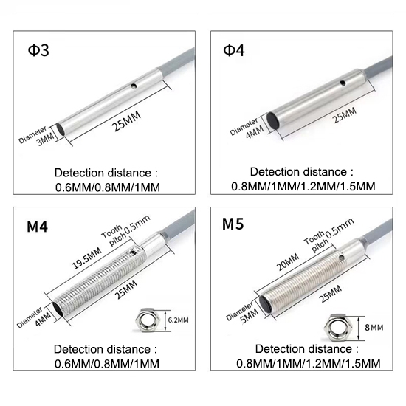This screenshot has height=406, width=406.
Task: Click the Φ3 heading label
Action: pyautogui.click(x=39, y=52)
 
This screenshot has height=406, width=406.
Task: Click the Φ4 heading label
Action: pyautogui.click(x=235, y=52)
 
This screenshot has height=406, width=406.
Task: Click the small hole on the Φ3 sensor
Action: pyautogui.click(x=134, y=86)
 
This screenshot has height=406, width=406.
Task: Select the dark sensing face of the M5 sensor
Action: pyautogui.click(x=262, y=300)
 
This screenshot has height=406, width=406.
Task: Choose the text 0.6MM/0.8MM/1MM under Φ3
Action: pyautogui.click(x=107, y=187)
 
